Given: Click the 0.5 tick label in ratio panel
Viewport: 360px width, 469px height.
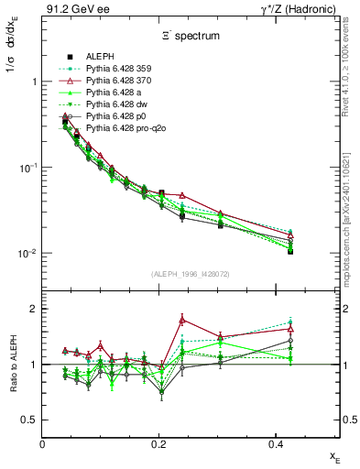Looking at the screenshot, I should [x=30, y=420].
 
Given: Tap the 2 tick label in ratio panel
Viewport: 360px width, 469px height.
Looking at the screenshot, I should [x=35, y=309].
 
